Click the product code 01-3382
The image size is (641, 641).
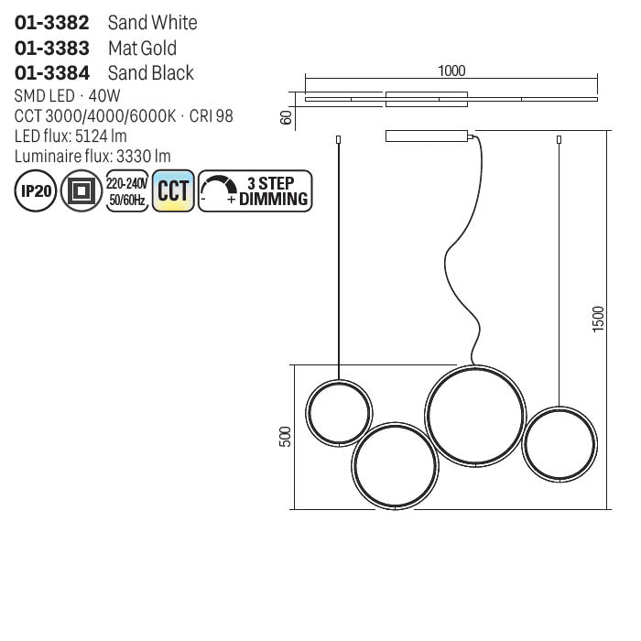51,23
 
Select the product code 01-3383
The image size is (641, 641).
51,48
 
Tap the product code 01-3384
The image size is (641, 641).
51,72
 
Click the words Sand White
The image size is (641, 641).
153,23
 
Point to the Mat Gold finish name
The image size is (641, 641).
142,48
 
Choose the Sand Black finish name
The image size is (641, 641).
151,72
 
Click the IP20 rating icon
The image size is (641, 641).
36,190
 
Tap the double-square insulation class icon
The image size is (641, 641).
81,190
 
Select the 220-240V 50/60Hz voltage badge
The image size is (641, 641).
127,190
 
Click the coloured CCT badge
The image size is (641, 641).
173,190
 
